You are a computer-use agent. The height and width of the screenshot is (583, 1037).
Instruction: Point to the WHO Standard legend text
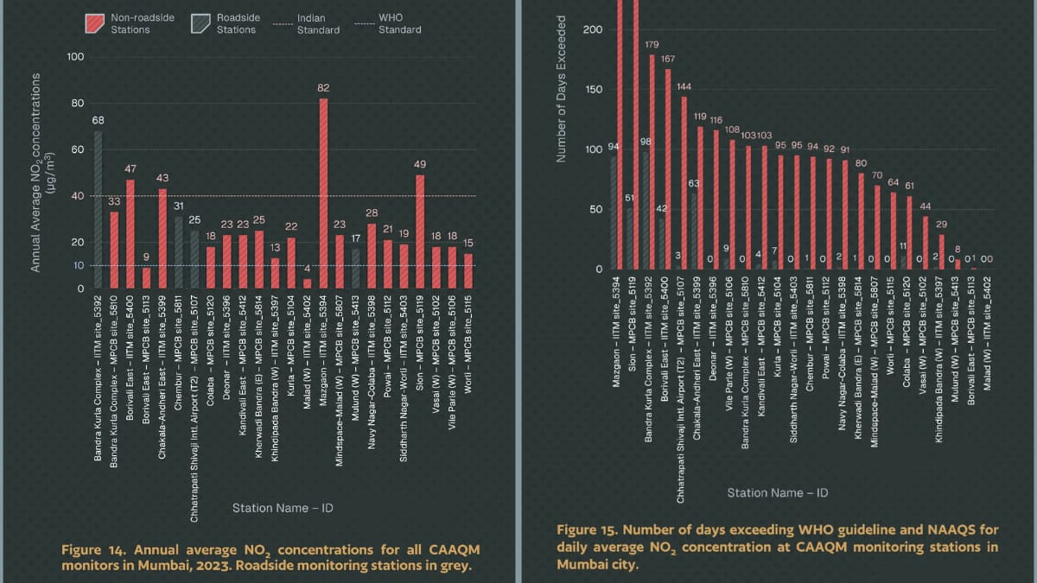click(400, 23)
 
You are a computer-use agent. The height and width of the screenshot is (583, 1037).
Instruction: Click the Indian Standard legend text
click(318, 23)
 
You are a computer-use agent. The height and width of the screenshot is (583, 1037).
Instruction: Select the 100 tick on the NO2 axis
click(75, 57)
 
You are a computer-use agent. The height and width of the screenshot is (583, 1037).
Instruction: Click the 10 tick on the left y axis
click(78, 265)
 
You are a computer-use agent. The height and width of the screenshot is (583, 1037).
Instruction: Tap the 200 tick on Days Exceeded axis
click(592, 30)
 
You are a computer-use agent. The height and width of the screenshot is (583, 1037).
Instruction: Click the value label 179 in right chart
click(652, 43)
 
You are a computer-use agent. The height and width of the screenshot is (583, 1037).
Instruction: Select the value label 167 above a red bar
click(668, 58)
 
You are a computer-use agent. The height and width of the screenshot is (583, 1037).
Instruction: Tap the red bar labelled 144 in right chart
click(684, 182)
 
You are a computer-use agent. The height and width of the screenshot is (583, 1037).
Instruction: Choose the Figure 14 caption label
click(94, 550)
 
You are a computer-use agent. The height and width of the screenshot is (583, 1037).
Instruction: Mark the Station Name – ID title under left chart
click(283, 508)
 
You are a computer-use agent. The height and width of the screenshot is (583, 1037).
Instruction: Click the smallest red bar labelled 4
click(307, 283)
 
